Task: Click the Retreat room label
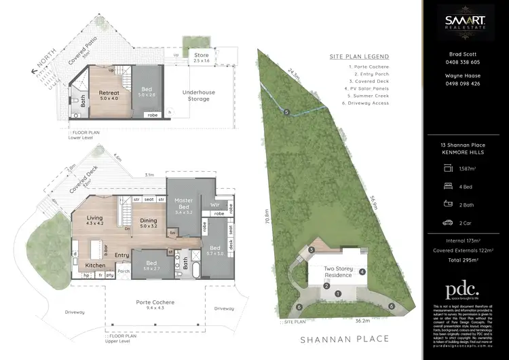click(x=109, y=93)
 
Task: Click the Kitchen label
click(x=95, y=266)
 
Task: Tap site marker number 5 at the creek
click(x=287, y=112)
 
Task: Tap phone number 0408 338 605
click(x=465, y=62)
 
